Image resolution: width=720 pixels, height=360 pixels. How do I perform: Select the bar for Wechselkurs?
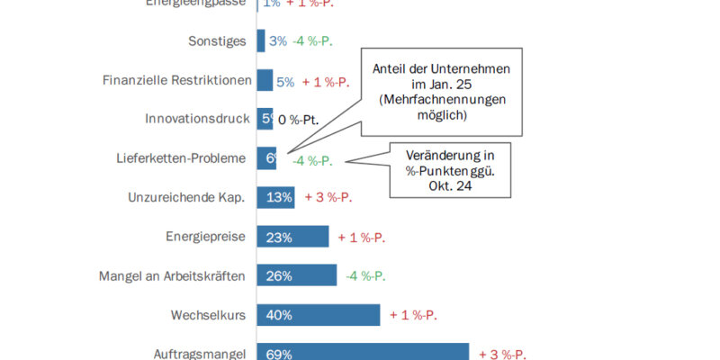coord(319,315)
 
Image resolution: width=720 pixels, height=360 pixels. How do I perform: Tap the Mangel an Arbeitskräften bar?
coord(297,275)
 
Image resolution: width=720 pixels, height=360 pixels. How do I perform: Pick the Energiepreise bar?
coord(292,237)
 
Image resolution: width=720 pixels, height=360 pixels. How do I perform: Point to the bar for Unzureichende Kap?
coord(276,197)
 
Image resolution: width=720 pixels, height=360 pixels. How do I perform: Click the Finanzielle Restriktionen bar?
coord(265,81)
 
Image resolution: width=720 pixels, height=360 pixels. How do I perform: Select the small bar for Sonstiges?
coord(261,41)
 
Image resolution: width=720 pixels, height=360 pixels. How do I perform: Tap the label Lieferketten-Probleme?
coord(182,158)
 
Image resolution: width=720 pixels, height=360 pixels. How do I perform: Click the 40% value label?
coord(279,315)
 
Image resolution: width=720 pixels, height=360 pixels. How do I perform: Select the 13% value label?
coord(279,197)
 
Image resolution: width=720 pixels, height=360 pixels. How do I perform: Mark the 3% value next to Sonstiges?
coord(277,41)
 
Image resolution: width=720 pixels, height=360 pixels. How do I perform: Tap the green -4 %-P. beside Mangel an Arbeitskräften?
coord(366,275)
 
